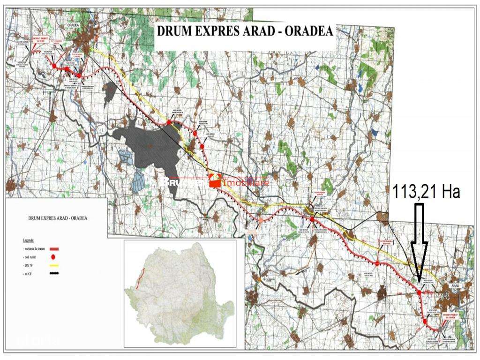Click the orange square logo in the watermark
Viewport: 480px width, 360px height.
(x=215, y=180)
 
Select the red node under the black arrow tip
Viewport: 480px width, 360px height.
(x=419, y=292)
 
